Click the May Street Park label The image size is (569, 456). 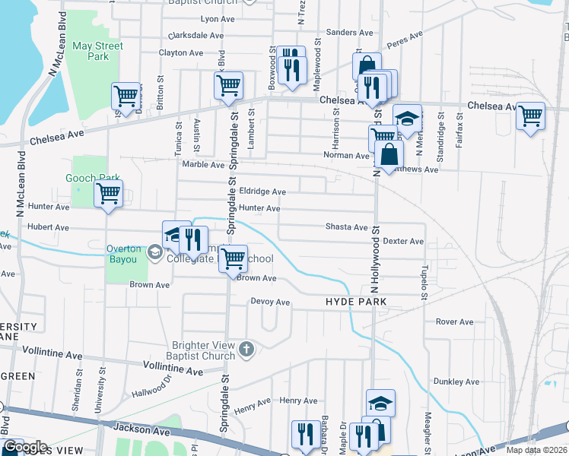pos(97,51)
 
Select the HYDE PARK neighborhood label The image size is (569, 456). pos(356,302)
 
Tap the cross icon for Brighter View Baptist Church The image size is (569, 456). pos(246,350)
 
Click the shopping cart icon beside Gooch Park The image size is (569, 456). pos(108,195)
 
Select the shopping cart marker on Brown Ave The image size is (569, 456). pos(233,258)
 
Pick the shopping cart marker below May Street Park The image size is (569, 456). pos(126,97)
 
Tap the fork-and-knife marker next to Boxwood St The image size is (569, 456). pos(291,71)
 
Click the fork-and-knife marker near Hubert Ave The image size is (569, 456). pos(192,240)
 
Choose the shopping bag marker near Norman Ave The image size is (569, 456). pos(389,154)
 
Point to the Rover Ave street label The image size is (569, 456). pos(455,321)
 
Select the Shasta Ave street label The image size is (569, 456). pos(346,227)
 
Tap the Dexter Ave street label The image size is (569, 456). pos(403,241)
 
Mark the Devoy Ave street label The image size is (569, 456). pos(271,302)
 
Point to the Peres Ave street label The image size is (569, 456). pos(405,38)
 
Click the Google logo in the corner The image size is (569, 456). pos(25,447)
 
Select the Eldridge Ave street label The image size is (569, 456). pos(262,192)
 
